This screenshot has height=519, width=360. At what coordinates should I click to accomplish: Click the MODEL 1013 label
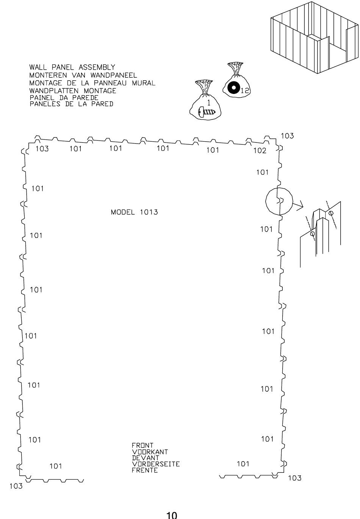coord(134,212)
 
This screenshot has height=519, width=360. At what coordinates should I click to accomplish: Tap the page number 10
coord(172,515)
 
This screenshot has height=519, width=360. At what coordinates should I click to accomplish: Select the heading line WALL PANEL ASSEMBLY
coord(72,68)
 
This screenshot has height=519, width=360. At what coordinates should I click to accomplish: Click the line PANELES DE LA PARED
coord(71,103)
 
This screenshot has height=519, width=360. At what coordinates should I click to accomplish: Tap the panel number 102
coord(260,151)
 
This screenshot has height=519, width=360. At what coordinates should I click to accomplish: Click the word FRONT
coord(142,446)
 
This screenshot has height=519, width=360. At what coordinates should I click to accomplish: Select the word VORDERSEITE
coord(155,464)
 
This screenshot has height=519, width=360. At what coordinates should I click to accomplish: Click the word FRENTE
coord(144,471)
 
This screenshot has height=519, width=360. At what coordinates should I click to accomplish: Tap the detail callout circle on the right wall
coord(279,201)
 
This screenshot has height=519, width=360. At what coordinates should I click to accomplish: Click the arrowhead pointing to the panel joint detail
coord(299,207)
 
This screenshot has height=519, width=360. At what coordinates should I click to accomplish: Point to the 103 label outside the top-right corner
coord(287,136)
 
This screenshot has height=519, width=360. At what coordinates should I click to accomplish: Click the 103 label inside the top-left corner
coord(42,149)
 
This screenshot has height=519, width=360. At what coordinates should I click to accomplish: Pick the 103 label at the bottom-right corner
coord(295,478)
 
